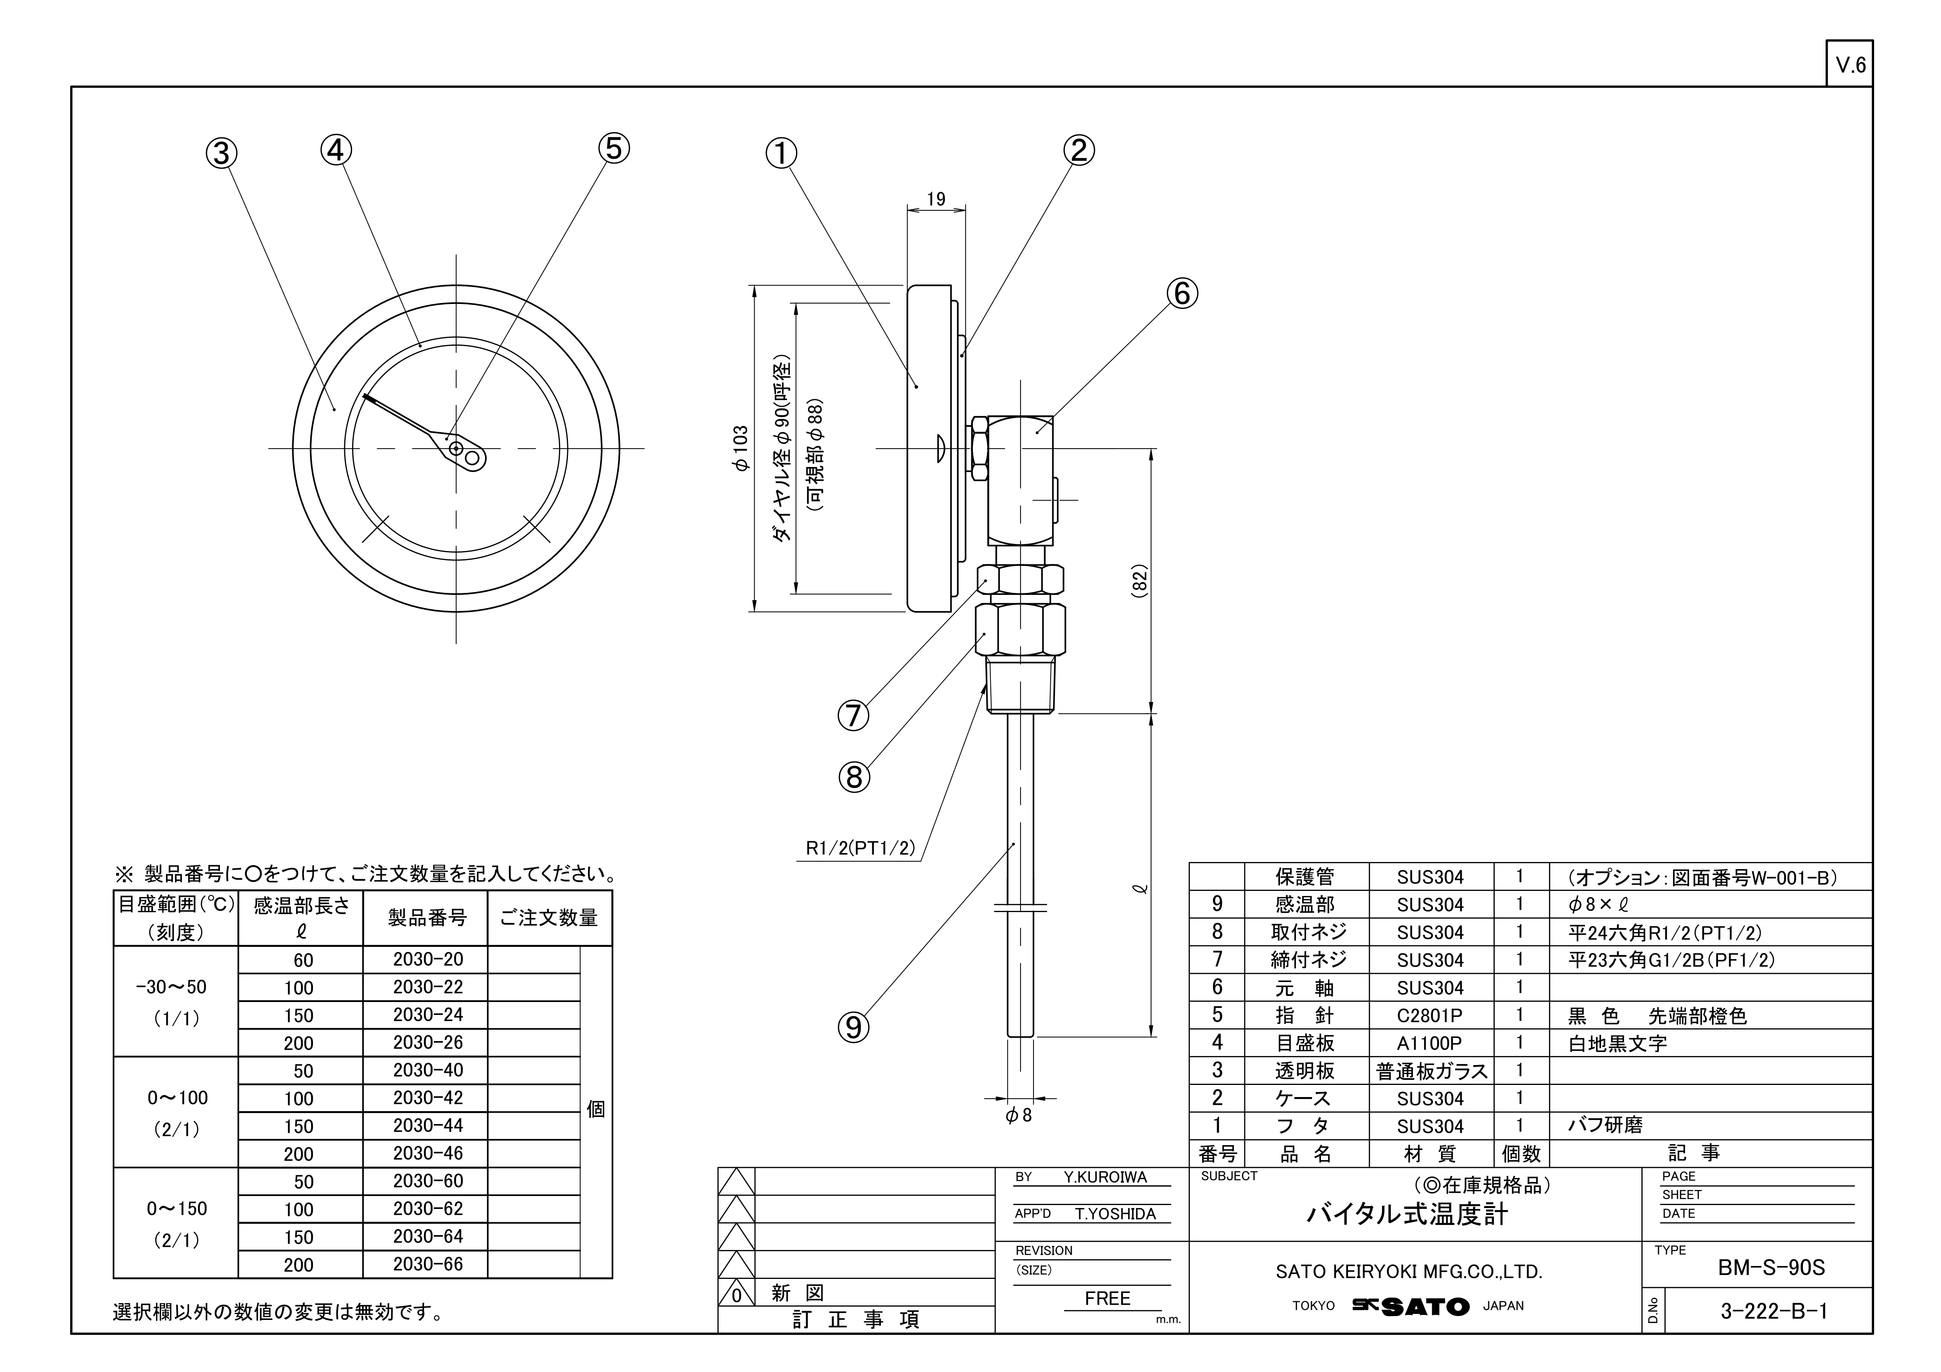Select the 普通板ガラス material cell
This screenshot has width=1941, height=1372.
(1431, 1071)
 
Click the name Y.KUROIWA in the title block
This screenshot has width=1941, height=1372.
(1105, 1178)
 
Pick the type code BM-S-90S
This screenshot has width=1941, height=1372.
(1771, 1268)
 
